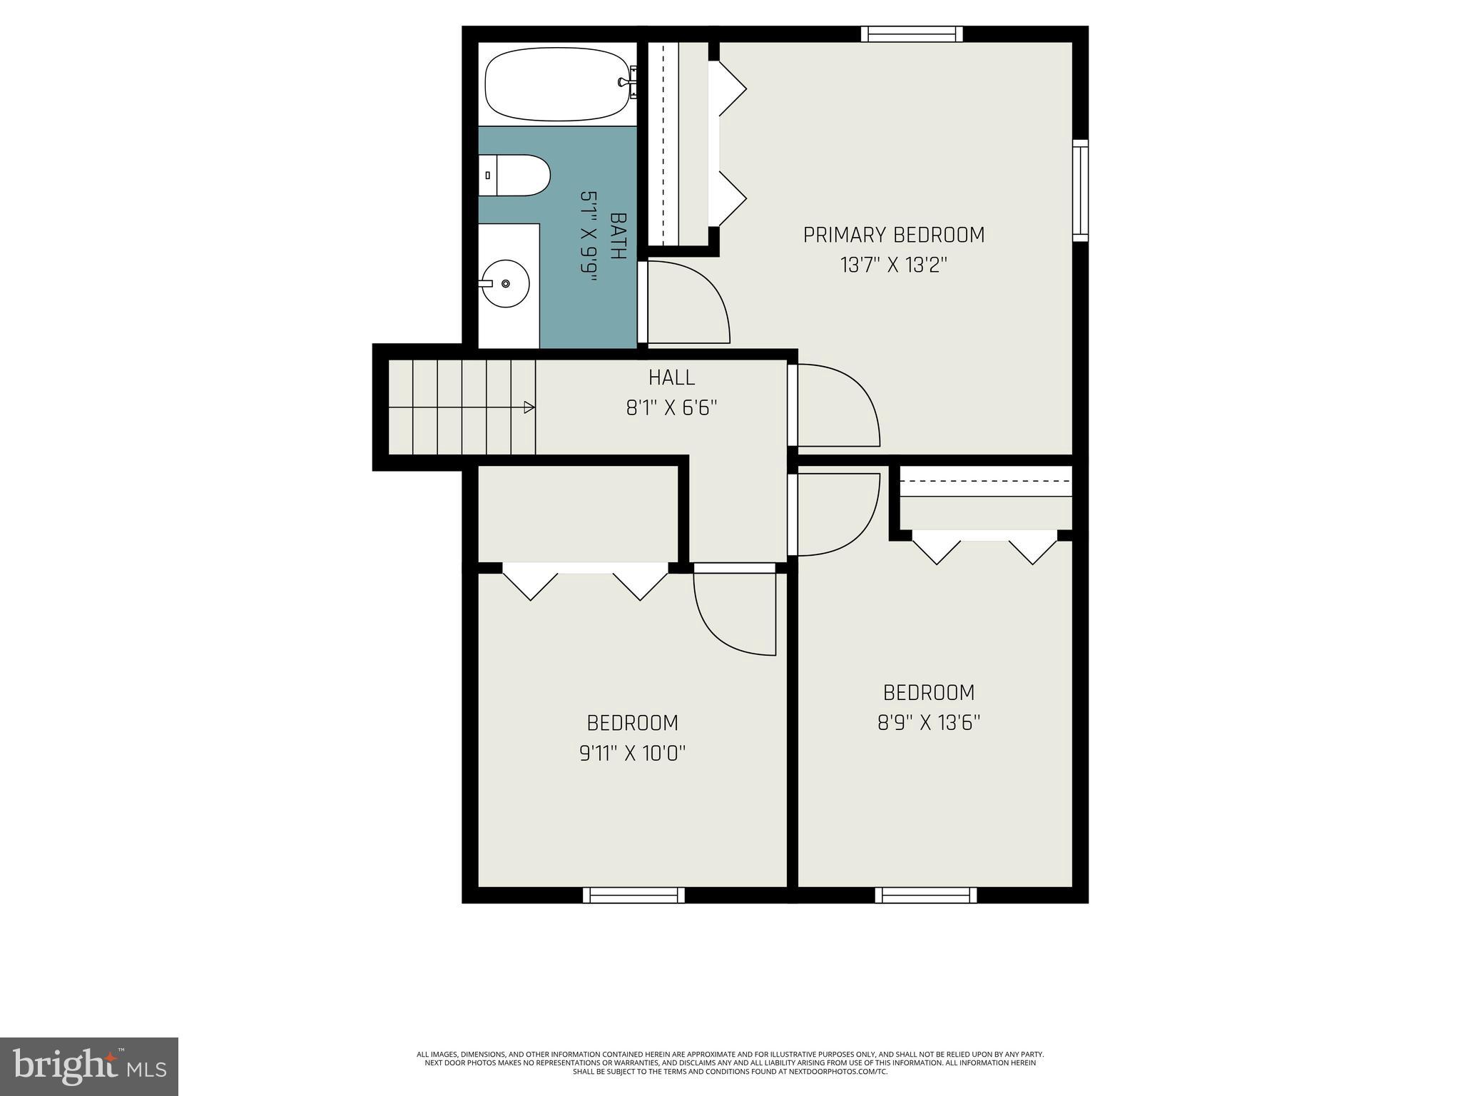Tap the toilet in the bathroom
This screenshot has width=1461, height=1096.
point(515,176)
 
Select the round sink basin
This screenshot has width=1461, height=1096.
point(506,284)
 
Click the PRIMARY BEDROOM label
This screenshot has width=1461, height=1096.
point(893,235)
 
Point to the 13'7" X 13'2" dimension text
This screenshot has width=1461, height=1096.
point(893,265)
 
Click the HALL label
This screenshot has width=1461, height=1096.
point(671,377)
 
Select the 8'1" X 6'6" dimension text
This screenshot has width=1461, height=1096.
point(671,408)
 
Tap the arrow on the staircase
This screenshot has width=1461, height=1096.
point(529,407)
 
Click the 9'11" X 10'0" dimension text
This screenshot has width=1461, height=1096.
point(632,753)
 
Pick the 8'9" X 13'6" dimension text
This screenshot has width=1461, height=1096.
point(928,723)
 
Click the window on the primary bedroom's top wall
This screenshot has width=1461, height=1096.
point(912,34)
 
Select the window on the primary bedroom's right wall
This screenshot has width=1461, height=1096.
point(1081,190)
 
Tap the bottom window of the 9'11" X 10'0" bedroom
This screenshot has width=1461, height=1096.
point(633,895)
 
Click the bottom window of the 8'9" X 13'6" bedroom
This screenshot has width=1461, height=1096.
point(926,895)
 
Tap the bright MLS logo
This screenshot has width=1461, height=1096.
point(88,1066)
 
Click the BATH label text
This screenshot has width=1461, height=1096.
point(618,236)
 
